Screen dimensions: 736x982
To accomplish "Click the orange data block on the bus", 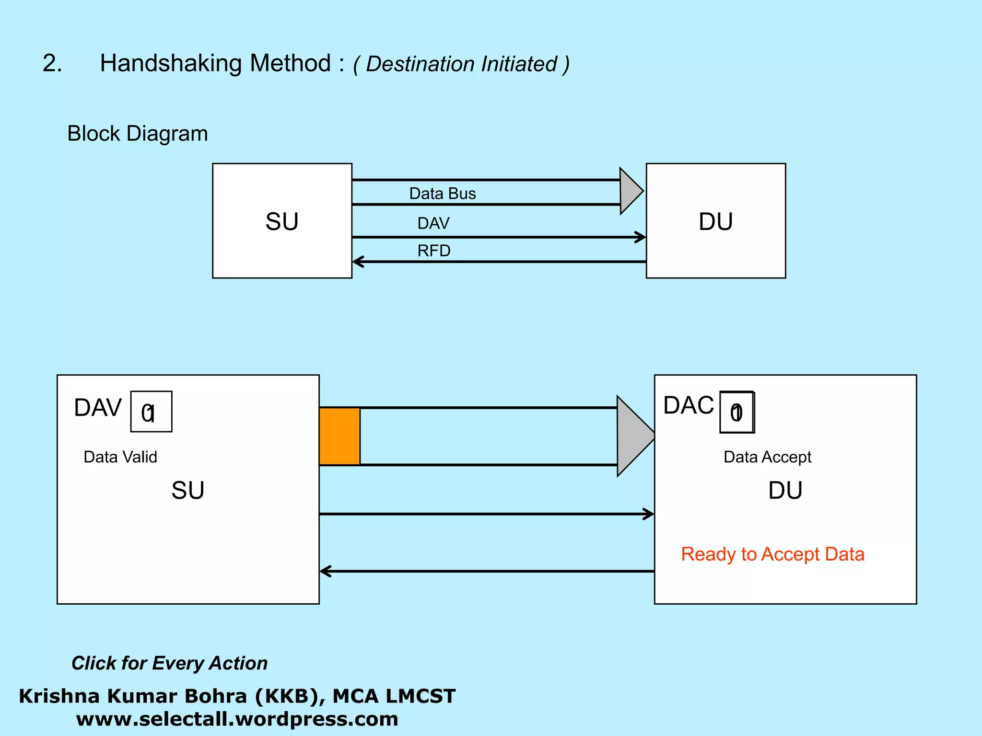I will point(339,436).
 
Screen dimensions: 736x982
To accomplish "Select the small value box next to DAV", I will point(151,412).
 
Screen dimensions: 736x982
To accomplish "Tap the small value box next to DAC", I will point(737,412).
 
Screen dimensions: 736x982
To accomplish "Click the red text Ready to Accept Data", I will point(772,554).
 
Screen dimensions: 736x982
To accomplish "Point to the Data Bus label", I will point(442,194).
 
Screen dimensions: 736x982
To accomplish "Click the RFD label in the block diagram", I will point(433,251).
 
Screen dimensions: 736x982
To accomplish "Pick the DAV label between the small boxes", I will point(433,223).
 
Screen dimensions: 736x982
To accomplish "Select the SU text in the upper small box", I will point(282,222).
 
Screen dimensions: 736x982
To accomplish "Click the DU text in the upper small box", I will point(715,222).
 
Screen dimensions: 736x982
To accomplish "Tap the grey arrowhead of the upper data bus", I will point(630,191).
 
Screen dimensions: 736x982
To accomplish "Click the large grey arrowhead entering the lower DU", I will point(634,436).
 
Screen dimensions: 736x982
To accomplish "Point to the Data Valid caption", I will point(120,457).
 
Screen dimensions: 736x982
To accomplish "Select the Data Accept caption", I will point(767,457).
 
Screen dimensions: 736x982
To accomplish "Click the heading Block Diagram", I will point(138,134).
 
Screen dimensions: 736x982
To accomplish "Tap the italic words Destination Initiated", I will point(461,64).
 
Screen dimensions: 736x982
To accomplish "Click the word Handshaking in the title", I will point(171,63).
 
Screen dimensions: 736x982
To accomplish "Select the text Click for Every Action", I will point(169,663).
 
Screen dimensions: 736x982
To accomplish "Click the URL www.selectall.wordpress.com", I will point(237,719).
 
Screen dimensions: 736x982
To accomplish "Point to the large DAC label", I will point(689,405).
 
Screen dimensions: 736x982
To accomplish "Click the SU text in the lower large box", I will point(188,491).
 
